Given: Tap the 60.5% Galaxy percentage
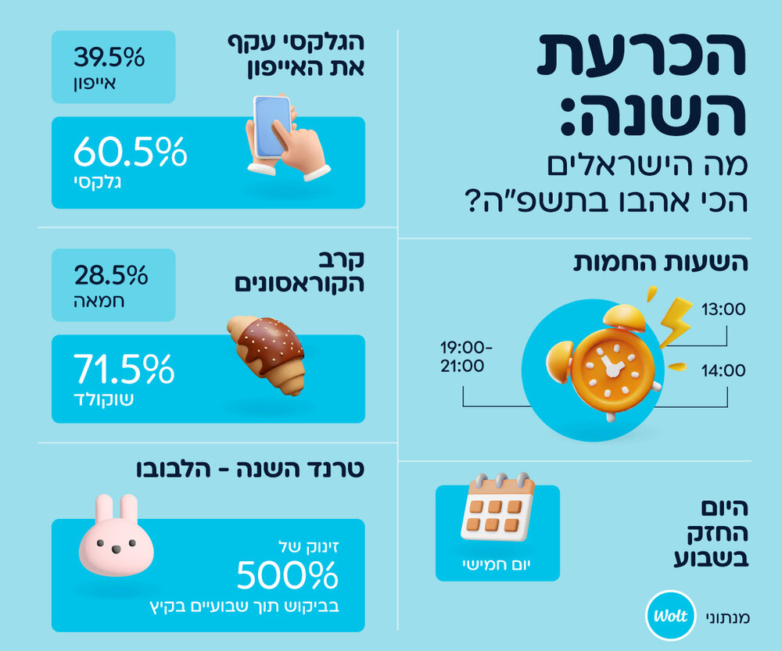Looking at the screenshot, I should tap(130, 152).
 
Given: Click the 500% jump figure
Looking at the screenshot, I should tap(287, 576).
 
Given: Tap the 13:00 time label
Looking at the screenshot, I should tap(723, 309).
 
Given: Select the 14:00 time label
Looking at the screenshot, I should tap(723, 370).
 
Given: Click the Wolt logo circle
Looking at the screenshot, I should tap(669, 617).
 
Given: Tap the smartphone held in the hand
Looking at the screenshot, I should tap(271, 127).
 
